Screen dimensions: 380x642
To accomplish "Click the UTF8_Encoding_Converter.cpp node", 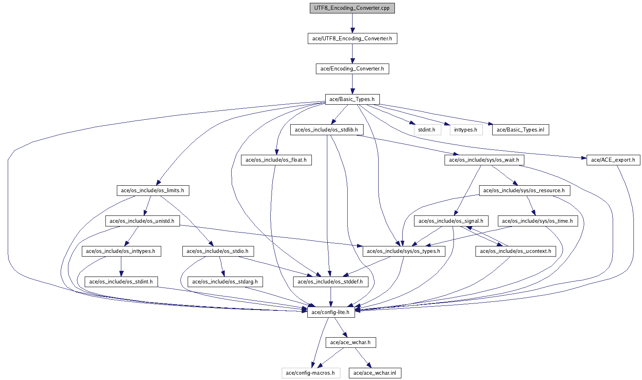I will [x=352, y=8].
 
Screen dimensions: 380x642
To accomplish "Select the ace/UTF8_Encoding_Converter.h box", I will [x=352, y=39].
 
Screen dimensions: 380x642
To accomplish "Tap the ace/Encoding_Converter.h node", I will [x=352, y=69].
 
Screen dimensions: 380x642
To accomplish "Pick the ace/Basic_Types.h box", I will [x=352, y=99].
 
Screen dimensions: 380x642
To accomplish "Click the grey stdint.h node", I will [x=427, y=130].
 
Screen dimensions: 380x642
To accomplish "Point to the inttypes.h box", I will [x=466, y=130].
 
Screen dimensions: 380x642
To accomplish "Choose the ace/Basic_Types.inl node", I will [x=520, y=130].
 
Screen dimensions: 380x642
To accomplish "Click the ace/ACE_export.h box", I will [x=613, y=160].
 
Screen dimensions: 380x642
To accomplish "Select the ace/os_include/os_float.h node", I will [x=276, y=160].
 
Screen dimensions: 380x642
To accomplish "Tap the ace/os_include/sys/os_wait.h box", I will [x=484, y=160].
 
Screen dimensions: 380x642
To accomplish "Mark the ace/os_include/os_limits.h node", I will [x=153, y=191].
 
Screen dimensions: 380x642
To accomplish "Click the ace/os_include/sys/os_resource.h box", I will [x=524, y=191].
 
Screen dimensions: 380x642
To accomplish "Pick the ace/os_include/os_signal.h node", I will [x=451, y=221].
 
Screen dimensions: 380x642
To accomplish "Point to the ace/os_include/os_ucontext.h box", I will [x=515, y=251].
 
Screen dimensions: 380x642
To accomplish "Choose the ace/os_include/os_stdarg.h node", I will [x=225, y=282].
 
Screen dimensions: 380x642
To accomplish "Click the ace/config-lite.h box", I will [x=331, y=312].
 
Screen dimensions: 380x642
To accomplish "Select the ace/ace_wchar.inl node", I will [x=375, y=373].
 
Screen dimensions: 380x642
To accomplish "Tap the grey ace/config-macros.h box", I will [x=310, y=373].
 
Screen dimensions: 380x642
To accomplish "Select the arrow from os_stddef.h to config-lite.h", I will [x=331, y=297].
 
